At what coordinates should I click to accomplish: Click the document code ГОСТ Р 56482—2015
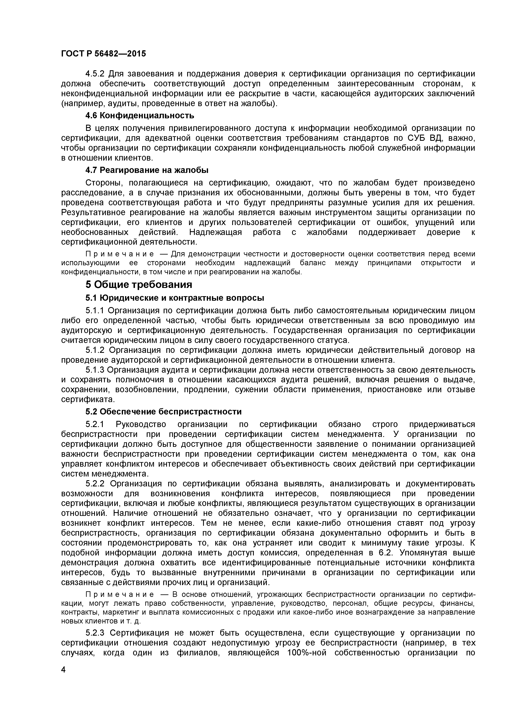point(103,54)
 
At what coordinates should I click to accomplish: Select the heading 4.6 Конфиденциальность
point(140,116)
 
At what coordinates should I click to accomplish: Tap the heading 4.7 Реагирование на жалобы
point(147,170)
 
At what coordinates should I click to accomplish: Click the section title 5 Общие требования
point(139,285)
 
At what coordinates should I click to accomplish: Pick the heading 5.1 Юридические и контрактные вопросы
point(175,298)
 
